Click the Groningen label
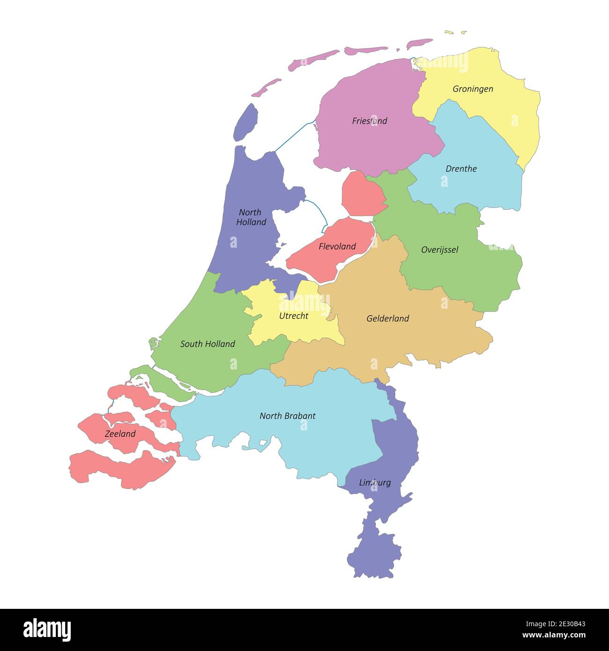(473, 89)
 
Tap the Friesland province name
(370, 121)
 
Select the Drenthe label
(461, 169)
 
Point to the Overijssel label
(439, 250)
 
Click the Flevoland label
(337, 246)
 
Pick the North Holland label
(251, 217)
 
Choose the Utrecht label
(294, 316)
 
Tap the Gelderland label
(387, 318)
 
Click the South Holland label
(208, 344)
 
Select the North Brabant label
(287, 416)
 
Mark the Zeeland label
(120, 434)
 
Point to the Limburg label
(375, 482)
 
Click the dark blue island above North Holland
(246, 123)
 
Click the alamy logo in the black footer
(47, 630)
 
